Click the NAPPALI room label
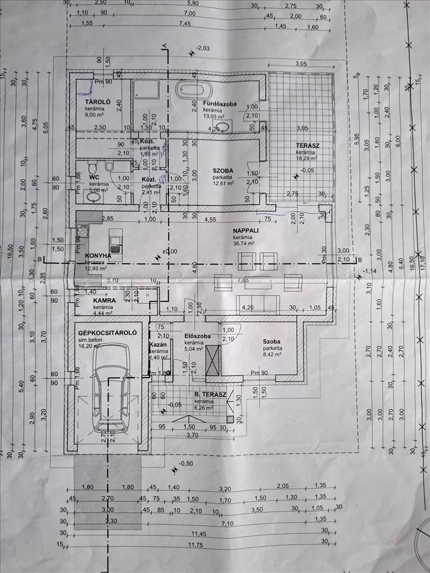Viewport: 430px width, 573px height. click(x=244, y=230)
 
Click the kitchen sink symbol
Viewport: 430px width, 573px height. click(x=115, y=245)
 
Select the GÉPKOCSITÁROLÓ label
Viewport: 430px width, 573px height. click(x=108, y=332)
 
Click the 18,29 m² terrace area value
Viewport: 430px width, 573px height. click(x=308, y=159)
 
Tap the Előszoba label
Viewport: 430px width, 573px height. click(x=196, y=336)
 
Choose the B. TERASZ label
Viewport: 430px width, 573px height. click(x=210, y=395)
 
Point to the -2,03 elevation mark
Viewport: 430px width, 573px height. click(x=204, y=48)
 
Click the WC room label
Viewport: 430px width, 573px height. click(x=94, y=178)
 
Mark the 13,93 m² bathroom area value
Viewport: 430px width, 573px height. click(x=213, y=116)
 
